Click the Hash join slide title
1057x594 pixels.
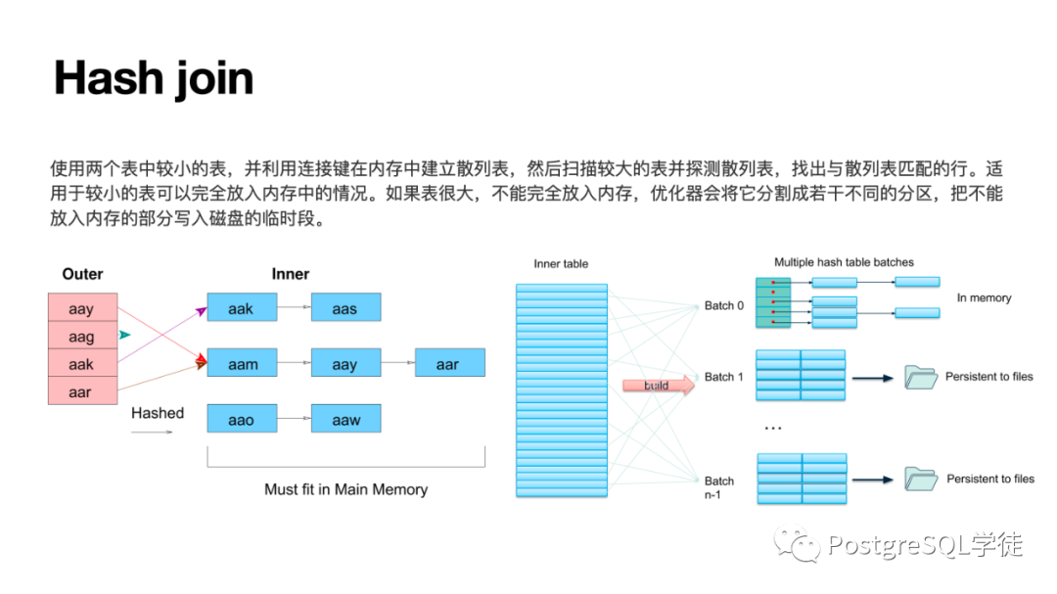point(154,78)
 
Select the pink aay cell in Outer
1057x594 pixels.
point(82,309)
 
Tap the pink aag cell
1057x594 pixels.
point(82,337)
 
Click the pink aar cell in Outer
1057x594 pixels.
point(82,391)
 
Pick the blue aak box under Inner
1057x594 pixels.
point(241,309)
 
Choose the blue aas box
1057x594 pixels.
point(345,309)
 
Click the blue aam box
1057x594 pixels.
point(242,364)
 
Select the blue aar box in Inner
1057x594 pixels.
point(448,364)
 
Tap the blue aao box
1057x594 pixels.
point(241,420)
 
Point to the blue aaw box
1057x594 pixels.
point(345,420)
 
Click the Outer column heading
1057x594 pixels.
point(82,274)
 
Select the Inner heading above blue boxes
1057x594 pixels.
point(291,274)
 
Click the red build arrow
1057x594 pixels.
point(659,386)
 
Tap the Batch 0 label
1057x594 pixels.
point(724,306)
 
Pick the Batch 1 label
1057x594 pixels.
point(724,377)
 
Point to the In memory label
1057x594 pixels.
point(984,297)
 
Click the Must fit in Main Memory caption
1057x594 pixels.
point(346,488)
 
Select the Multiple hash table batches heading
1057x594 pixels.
point(844,262)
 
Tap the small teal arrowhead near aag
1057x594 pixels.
point(124,335)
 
